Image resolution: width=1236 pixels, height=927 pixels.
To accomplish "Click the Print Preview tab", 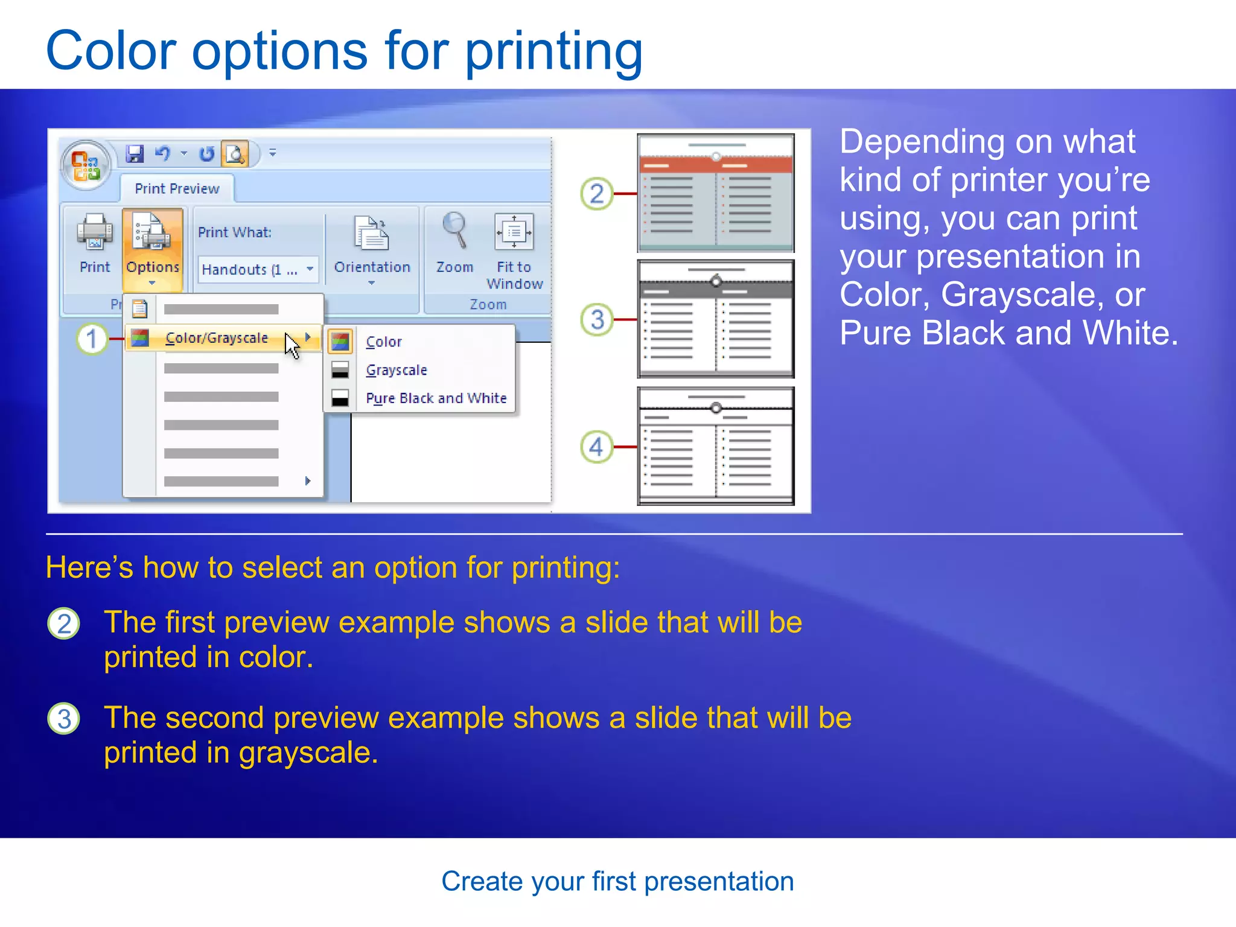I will pyautogui.click(x=177, y=189).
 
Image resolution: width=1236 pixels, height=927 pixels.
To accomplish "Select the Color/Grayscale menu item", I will pyautogui.click(x=216, y=338).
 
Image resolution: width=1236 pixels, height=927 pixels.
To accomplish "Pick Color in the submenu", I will pyautogui.click(x=384, y=342).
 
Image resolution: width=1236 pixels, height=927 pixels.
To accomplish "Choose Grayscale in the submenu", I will pyautogui.click(x=397, y=370).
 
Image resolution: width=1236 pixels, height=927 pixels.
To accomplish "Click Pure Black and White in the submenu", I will pyautogui.click(x=436, y=398).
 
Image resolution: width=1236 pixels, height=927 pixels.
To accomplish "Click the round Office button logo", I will pyautogui.click(x=86, y=165).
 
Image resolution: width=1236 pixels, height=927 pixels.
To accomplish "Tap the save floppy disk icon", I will pyautogui.click(x=135, y=154).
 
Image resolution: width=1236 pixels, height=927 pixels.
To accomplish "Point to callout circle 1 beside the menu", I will pyautogui.click(x=92, y=339).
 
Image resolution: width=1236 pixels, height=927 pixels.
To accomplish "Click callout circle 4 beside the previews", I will pyautogui.click(x=596, y=447).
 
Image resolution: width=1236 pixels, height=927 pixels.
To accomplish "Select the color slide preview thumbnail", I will pyautogui.click(x=716, y=193).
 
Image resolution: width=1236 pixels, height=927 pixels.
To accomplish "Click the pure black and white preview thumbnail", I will pyautogui.click(x=716, y=446).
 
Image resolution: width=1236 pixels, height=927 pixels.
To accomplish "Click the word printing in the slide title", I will pyautogui.click(x=553, y=51).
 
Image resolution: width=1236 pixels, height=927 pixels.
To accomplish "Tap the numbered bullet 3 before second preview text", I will pyautogui.click(x=64, y=719).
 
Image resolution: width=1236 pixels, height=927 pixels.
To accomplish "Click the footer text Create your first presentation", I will pyautogui.click(x=617, y=882).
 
